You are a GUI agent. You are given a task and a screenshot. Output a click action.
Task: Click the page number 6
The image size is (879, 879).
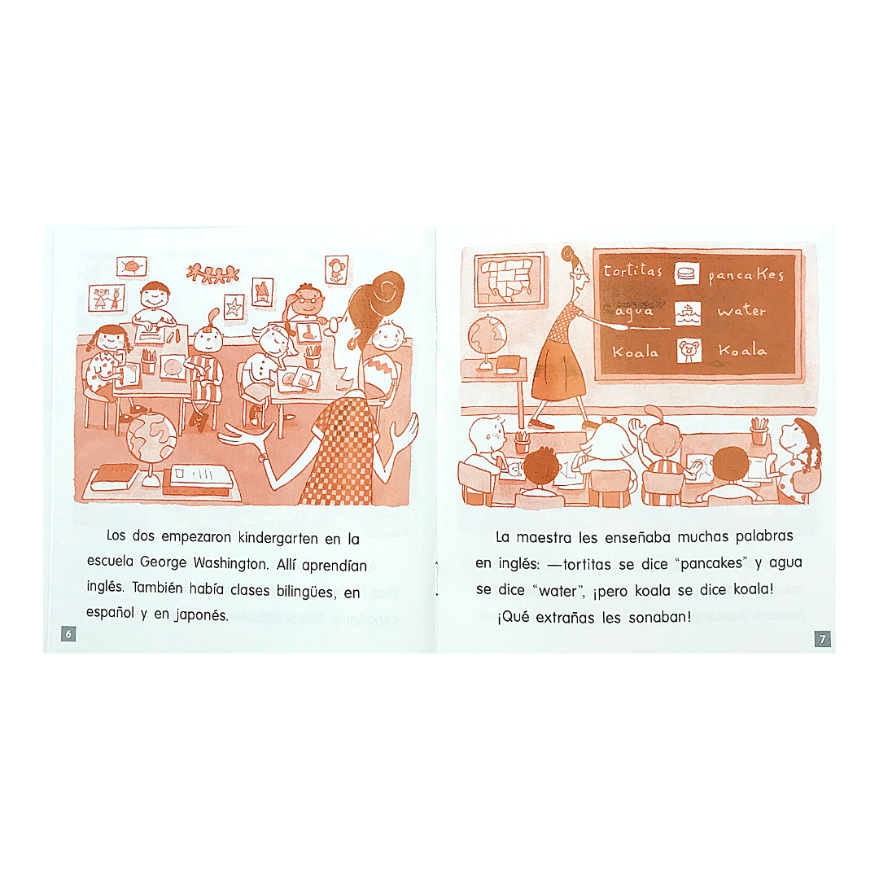coord(68,633)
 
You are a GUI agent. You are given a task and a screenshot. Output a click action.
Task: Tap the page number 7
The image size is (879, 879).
coord(822,639)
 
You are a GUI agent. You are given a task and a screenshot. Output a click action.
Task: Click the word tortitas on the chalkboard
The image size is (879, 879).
coord(632,271)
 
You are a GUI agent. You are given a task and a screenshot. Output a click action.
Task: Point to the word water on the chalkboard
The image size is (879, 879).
coord(741,311)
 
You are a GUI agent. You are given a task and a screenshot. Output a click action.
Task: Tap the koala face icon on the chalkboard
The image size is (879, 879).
coord(689,350)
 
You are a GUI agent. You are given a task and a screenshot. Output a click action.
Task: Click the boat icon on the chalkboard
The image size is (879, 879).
coord(687,313)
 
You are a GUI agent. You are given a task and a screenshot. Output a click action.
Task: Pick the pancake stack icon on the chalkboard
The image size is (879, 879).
coord(686,273)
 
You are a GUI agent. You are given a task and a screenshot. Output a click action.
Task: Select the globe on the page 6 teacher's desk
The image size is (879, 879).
coord(151,443)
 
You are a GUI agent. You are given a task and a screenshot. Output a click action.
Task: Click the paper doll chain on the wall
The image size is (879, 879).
coord(213,273)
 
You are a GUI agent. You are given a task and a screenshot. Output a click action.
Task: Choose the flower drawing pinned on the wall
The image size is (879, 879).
coord(336,269)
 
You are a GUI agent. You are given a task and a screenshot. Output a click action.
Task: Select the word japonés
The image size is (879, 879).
coord(201,615)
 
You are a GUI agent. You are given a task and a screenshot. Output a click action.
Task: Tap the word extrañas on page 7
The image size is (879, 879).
coord(566,617)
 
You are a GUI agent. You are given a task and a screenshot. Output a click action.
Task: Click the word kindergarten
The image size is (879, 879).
coord(278,538)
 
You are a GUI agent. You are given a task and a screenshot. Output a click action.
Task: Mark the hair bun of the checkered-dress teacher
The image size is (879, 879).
coord(384,291)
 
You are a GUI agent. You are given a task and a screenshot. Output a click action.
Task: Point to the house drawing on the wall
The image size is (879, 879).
coord(262,291)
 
